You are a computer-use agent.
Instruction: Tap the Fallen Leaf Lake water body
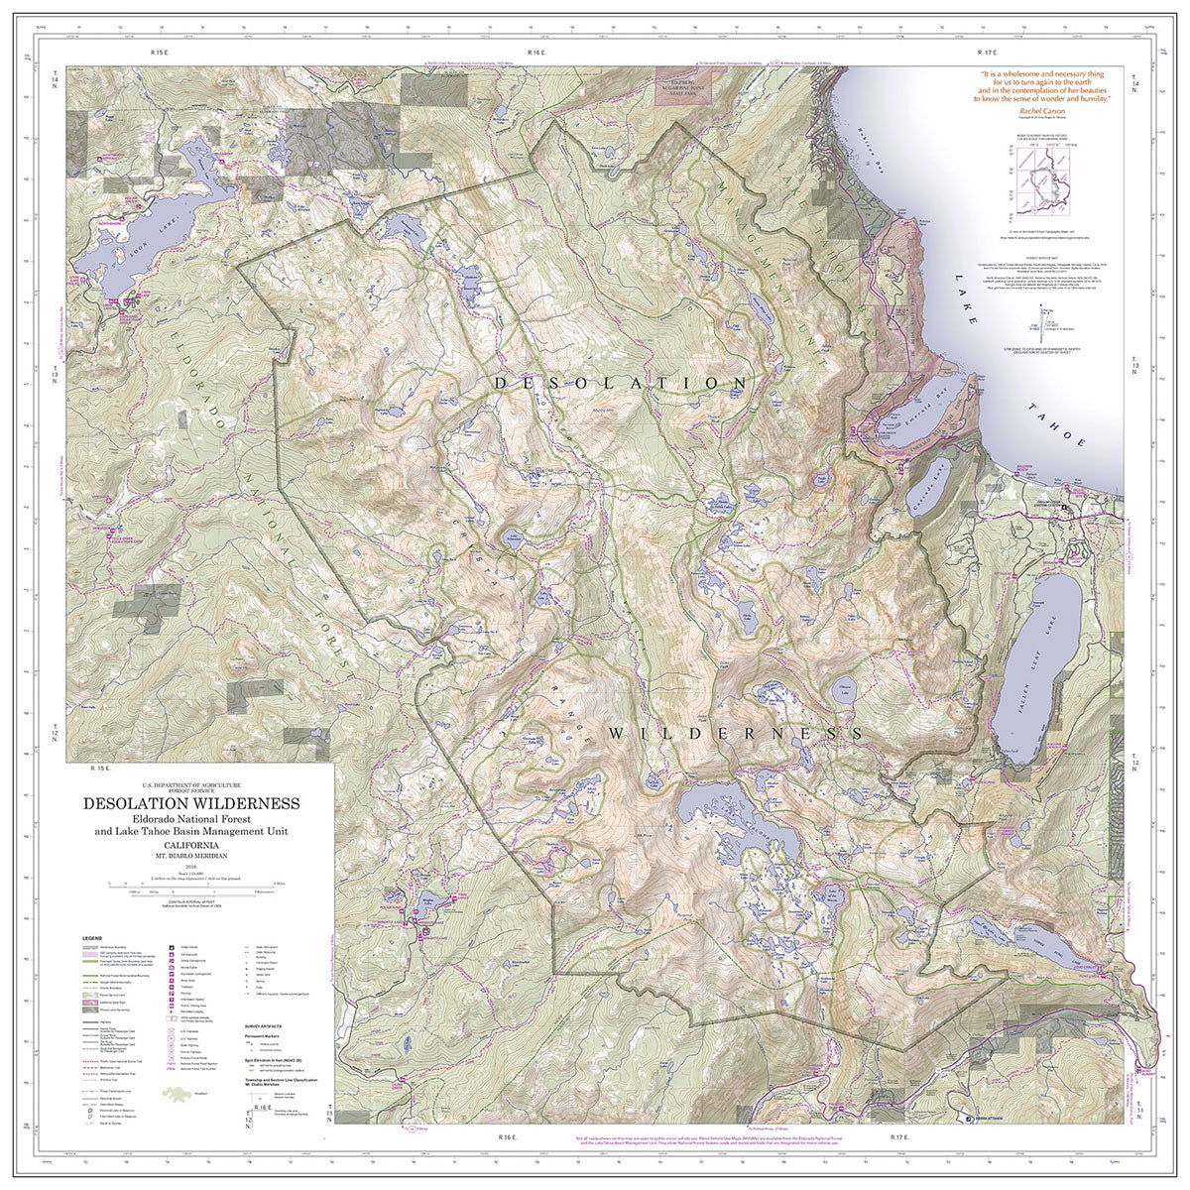(x=1049, y=654)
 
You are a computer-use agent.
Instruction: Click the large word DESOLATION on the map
(x=620, y=382)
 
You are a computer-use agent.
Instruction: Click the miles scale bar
(x=188, y=883)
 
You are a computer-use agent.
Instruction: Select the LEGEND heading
(x=92, y=936)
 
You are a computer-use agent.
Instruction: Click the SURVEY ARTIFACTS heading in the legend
(x=267, y=1025)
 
